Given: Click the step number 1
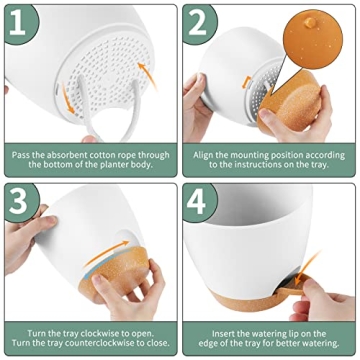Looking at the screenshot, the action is click(x=17, y=23).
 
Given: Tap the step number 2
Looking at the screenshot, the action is click(x=197, y=23).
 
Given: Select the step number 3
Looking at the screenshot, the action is click(x=18, y=202).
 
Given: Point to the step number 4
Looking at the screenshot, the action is click(x=197, y=202).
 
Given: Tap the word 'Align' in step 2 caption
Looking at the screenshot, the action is click(x=204, y=155).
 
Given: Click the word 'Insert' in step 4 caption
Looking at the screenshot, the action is click(x=223, y=334).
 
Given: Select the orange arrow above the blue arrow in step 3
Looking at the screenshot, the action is click(x=107, y=252).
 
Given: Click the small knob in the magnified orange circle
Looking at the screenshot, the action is click(x=310, y=22).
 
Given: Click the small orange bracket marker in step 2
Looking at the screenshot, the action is click(x=247, y=82).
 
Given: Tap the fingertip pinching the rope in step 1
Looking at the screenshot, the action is click(x=89, y=139).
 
